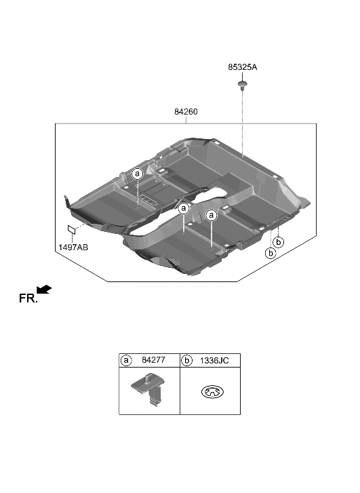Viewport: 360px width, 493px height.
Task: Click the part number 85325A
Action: (x=243, y=67)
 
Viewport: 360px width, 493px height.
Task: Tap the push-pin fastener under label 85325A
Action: (x=242, y=85)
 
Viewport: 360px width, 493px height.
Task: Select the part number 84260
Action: (x=186, y=112)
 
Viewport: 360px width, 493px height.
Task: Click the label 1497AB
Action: (x=73, y=248)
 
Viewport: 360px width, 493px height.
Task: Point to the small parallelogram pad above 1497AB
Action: (x=72, y=229)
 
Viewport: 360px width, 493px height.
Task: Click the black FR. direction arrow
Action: (x=44, y=290)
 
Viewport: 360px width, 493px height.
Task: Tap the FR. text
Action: (x=28, y=298)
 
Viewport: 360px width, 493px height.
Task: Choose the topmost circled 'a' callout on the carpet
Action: (x=138, y=174)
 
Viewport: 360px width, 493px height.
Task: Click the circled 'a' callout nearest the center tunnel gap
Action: (x=184, y=208)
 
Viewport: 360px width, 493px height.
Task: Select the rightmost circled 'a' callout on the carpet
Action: (x=212, y=215)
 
